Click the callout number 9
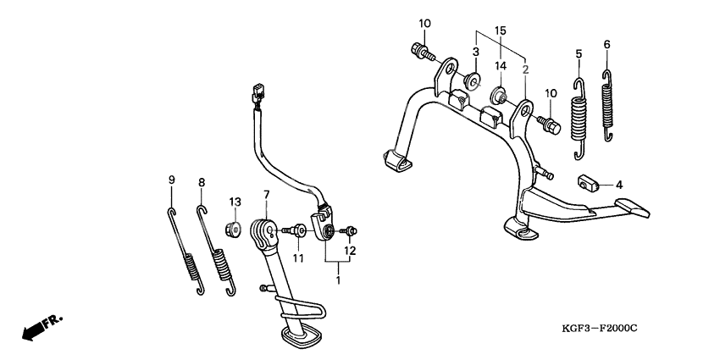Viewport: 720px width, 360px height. pyautogui.click(x=171, y=180)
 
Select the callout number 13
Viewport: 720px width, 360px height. pyautogui.click(x=235, y=201)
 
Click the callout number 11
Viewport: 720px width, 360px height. pyautogui.click(x=297, y=257)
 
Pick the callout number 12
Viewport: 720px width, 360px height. pyautogui.click(x=349, y=251)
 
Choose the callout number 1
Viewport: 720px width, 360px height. pyautogui.click(x=339, y=277)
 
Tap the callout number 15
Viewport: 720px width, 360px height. pyautogui.click(x=500, y=30)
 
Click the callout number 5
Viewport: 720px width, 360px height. pyautogui.click(x=579, y=53)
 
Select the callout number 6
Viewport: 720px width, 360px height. pyautogui.click(x=606, y=44)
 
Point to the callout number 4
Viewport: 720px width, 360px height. pyautogui.click(x=619, y=184)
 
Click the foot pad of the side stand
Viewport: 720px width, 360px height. pyautogui.click(x=302, y=336)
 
